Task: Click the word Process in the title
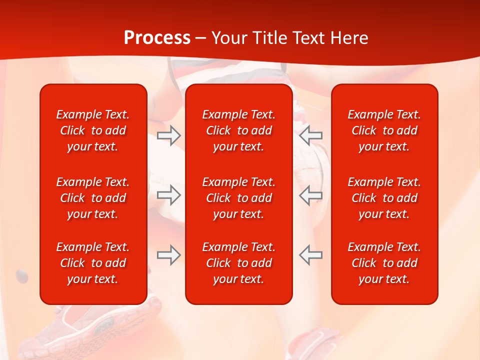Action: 157,38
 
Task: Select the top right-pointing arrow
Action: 168,135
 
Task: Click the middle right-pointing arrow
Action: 168,195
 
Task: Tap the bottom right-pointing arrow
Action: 168,255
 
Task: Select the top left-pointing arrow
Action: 310,135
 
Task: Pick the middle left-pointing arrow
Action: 310,195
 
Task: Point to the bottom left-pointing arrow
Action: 310,255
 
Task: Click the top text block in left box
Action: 93,130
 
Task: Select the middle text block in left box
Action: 93,198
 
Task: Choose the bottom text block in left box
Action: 93,263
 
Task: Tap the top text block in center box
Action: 239,130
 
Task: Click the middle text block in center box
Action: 239,198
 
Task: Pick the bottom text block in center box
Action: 239,263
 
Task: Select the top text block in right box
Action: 384,130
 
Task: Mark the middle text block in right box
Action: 384,198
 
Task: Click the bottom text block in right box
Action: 384,263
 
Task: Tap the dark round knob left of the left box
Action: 22,273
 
